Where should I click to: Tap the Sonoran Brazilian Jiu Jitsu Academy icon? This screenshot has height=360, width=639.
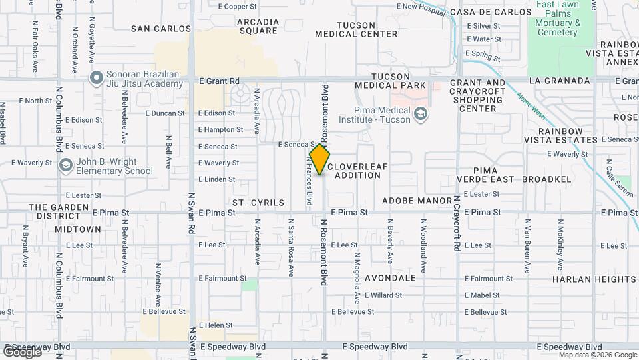[x=96, y=78]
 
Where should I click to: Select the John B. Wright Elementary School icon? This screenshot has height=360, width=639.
[x=65, y=165]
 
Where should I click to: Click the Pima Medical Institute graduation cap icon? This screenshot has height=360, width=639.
[x=420, y=114]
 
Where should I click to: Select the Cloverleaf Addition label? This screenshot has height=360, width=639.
[x=357, y=171]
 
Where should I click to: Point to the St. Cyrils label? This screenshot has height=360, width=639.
[x=258, y=202]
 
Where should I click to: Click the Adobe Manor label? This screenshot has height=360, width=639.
[x=417, y=200]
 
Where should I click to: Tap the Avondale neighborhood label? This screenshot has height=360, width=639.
[x=390, y=278]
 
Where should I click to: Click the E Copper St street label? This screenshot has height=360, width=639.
[x=237, y=7]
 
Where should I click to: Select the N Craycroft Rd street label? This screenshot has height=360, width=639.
[x=457, y=223]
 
